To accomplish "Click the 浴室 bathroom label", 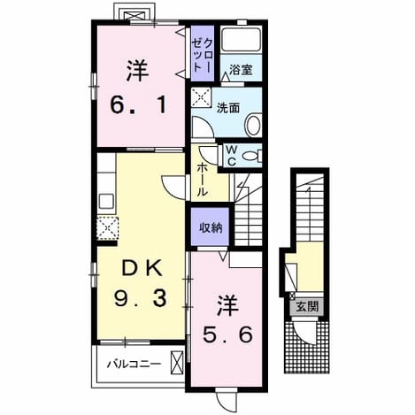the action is [241, 70].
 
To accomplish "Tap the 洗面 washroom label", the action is [228, 108].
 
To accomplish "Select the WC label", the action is [232, 156].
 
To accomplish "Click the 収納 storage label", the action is [211, 227].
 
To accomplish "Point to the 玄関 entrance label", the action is [307, 307].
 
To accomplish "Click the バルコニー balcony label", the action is [134, 364].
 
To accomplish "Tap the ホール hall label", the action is [202, 180].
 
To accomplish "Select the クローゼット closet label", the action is [202, 56].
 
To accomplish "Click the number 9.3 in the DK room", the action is [141, 297].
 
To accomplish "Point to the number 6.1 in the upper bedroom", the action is [138, 105].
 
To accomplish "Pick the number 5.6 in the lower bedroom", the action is [227, 334].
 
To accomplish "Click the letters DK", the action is [142, 268].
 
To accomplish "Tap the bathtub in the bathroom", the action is [241, 40].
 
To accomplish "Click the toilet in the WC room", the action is [251, 156].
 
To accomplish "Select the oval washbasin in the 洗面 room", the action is [253, 126].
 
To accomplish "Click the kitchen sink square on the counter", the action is [106, 201].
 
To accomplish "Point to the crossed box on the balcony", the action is [177, 363].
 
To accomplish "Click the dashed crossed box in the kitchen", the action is [108, 227].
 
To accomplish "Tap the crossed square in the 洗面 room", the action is [201, 97].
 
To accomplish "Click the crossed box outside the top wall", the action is [134, 16].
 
